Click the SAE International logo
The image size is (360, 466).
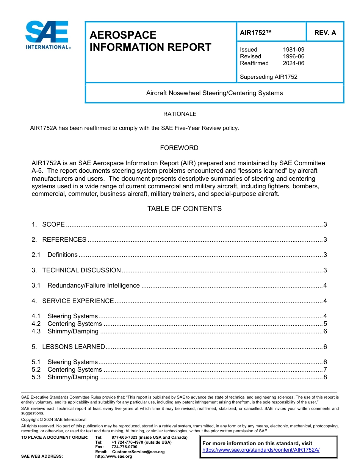tap(47, 35)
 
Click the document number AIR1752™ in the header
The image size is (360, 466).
tap(256, 33)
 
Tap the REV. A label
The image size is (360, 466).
tap(325, 33)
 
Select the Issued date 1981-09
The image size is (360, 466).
tap(293, 50)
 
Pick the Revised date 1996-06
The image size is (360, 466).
tap(293, 56)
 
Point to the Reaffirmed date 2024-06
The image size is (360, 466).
tap(293, 63)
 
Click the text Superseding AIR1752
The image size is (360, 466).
tap(268, 77)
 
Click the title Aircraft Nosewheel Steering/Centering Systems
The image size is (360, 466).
tap(214, 93)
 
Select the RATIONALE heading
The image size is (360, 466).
tap(180, 114)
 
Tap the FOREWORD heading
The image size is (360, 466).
tap(179, 148)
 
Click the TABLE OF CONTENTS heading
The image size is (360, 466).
tap(184, 209)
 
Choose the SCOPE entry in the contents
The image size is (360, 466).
tap(53, 224)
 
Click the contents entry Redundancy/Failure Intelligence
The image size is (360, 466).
tap(93, 286)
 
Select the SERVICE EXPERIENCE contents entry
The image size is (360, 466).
tap(78, 301)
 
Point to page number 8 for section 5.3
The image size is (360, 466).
tap(325, 377)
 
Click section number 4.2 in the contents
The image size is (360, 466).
tap(36, 324)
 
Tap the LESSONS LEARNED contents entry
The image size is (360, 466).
tap(74, 347)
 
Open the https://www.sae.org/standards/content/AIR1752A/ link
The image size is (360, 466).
tap(261, 450)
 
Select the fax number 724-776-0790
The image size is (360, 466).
tap(124, 447)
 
